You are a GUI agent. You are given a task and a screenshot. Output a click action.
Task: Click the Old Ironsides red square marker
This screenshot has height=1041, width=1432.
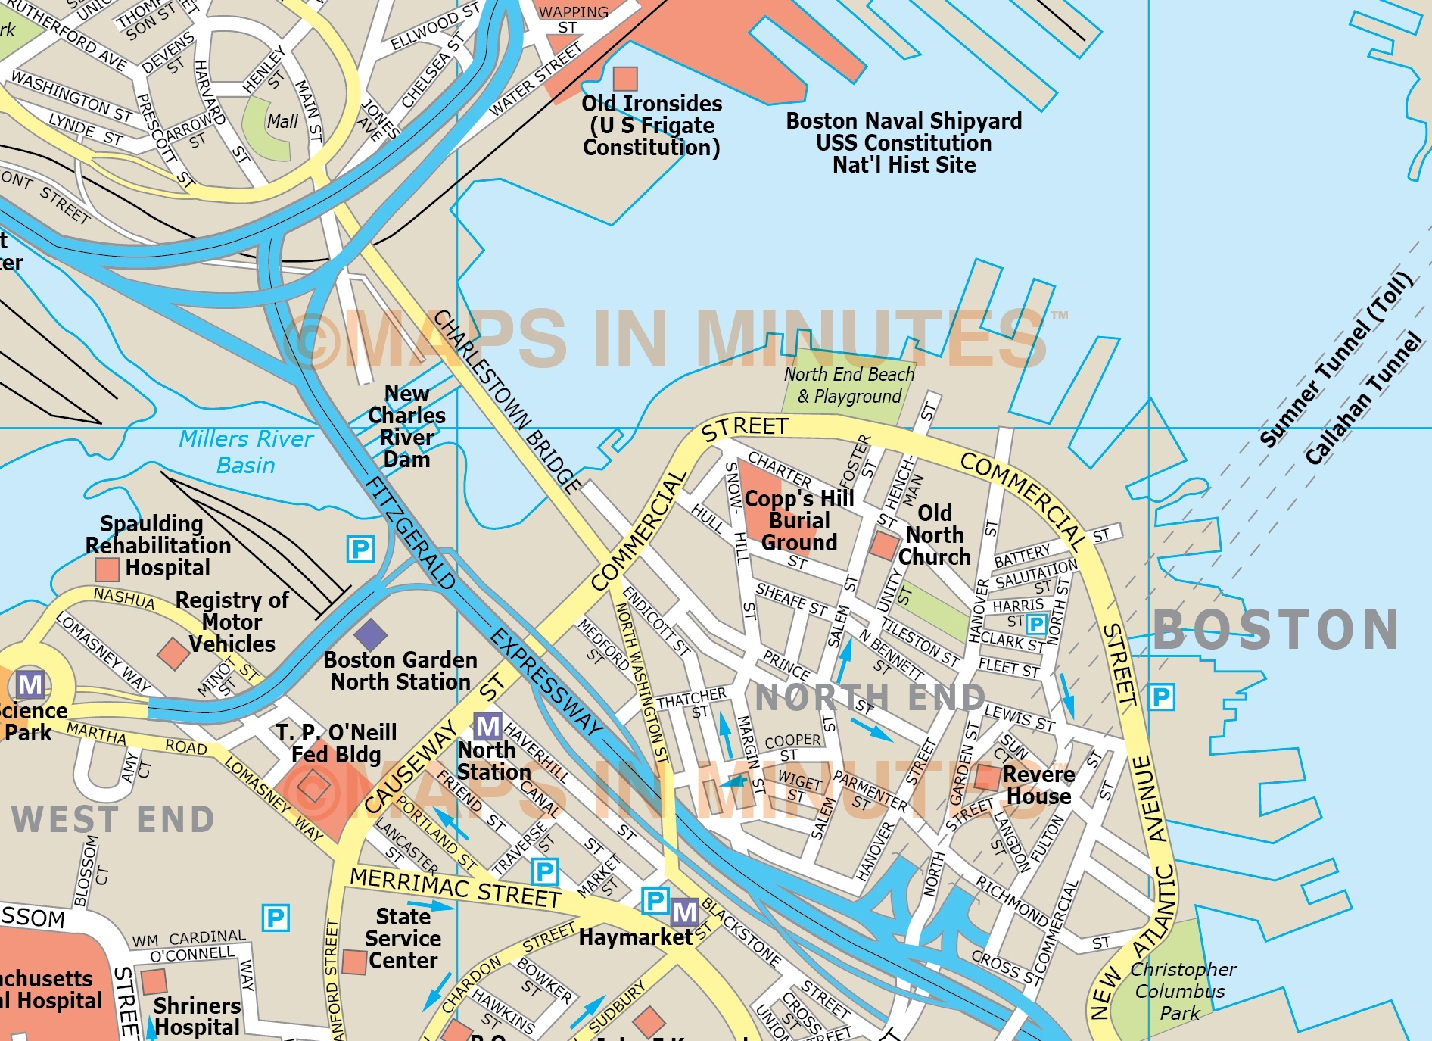coord(624,79)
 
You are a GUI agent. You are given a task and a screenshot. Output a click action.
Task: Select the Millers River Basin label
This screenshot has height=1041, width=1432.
coord(246,452)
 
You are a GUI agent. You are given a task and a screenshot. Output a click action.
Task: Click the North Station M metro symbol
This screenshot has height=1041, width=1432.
coord(487,726)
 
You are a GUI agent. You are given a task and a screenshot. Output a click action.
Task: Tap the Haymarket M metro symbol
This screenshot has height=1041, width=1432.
coord(684,912)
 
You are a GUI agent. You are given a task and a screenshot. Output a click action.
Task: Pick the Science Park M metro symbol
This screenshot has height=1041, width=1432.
coord(30,685)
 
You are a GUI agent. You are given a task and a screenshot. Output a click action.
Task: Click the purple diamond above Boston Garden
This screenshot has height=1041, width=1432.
coord(370,634)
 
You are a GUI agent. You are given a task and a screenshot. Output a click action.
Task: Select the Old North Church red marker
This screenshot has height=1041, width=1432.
coord(883,545)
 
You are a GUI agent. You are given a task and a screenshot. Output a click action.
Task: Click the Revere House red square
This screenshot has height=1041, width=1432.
coord(987,777)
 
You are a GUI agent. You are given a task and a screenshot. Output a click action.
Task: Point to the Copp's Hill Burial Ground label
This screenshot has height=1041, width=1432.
coord(799,521)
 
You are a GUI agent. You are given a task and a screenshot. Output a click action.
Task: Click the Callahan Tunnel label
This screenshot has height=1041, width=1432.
coord(1363,398)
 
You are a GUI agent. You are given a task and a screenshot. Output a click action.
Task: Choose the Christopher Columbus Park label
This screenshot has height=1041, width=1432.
coord(1181,990)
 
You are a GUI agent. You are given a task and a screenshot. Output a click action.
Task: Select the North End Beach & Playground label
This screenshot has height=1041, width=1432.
coord(849,385)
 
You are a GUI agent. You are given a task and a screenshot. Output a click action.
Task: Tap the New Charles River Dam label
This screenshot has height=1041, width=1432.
coord(406,426)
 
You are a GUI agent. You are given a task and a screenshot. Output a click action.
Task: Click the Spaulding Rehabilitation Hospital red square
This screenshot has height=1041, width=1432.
coord(107,569)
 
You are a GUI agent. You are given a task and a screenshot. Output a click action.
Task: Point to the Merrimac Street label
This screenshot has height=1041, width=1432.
coord(454,887)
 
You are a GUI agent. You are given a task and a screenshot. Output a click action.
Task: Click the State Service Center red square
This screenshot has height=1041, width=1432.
coord(354,962)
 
